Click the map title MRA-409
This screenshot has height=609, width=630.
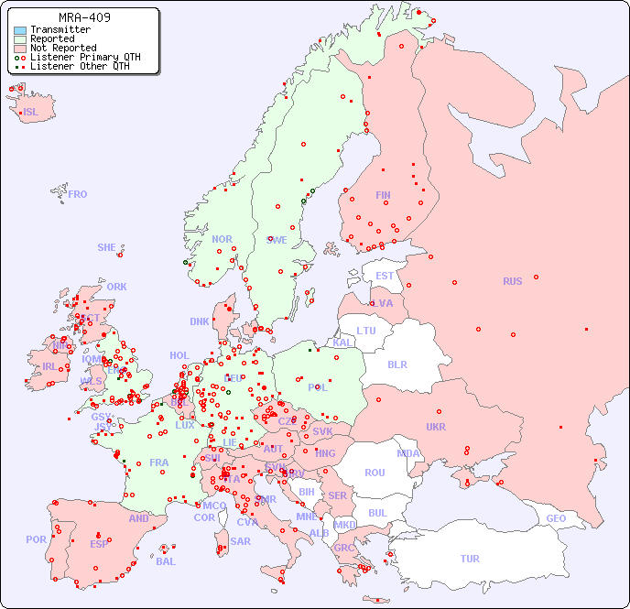click(x=84, y=17)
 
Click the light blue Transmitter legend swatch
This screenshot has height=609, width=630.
click(x=20, y=30)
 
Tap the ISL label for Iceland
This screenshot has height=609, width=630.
click(x=31, y=113)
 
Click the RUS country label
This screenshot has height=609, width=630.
click(x=512, y=281)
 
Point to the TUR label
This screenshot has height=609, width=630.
click(x=470, y=559)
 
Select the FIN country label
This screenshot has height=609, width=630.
click(x=383, y=195)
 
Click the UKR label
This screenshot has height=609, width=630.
click(x=436, y=427)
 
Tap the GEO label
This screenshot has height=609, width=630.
click(x=556, y=518)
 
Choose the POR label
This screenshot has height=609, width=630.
click(x=36, y=539)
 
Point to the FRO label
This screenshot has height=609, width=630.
click(x=78, y=194)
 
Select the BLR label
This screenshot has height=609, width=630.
click(x=396, y=364)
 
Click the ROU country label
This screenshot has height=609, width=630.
click(x=375, y=473)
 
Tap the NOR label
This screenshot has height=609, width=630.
click(x=222, y=239)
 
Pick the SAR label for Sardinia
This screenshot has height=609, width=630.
click(x=241, y=541)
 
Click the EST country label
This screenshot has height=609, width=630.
click(x=385, y=276)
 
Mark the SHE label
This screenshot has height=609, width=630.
click(x=107, y=247)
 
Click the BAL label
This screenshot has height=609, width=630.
click(x=166, y=561)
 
